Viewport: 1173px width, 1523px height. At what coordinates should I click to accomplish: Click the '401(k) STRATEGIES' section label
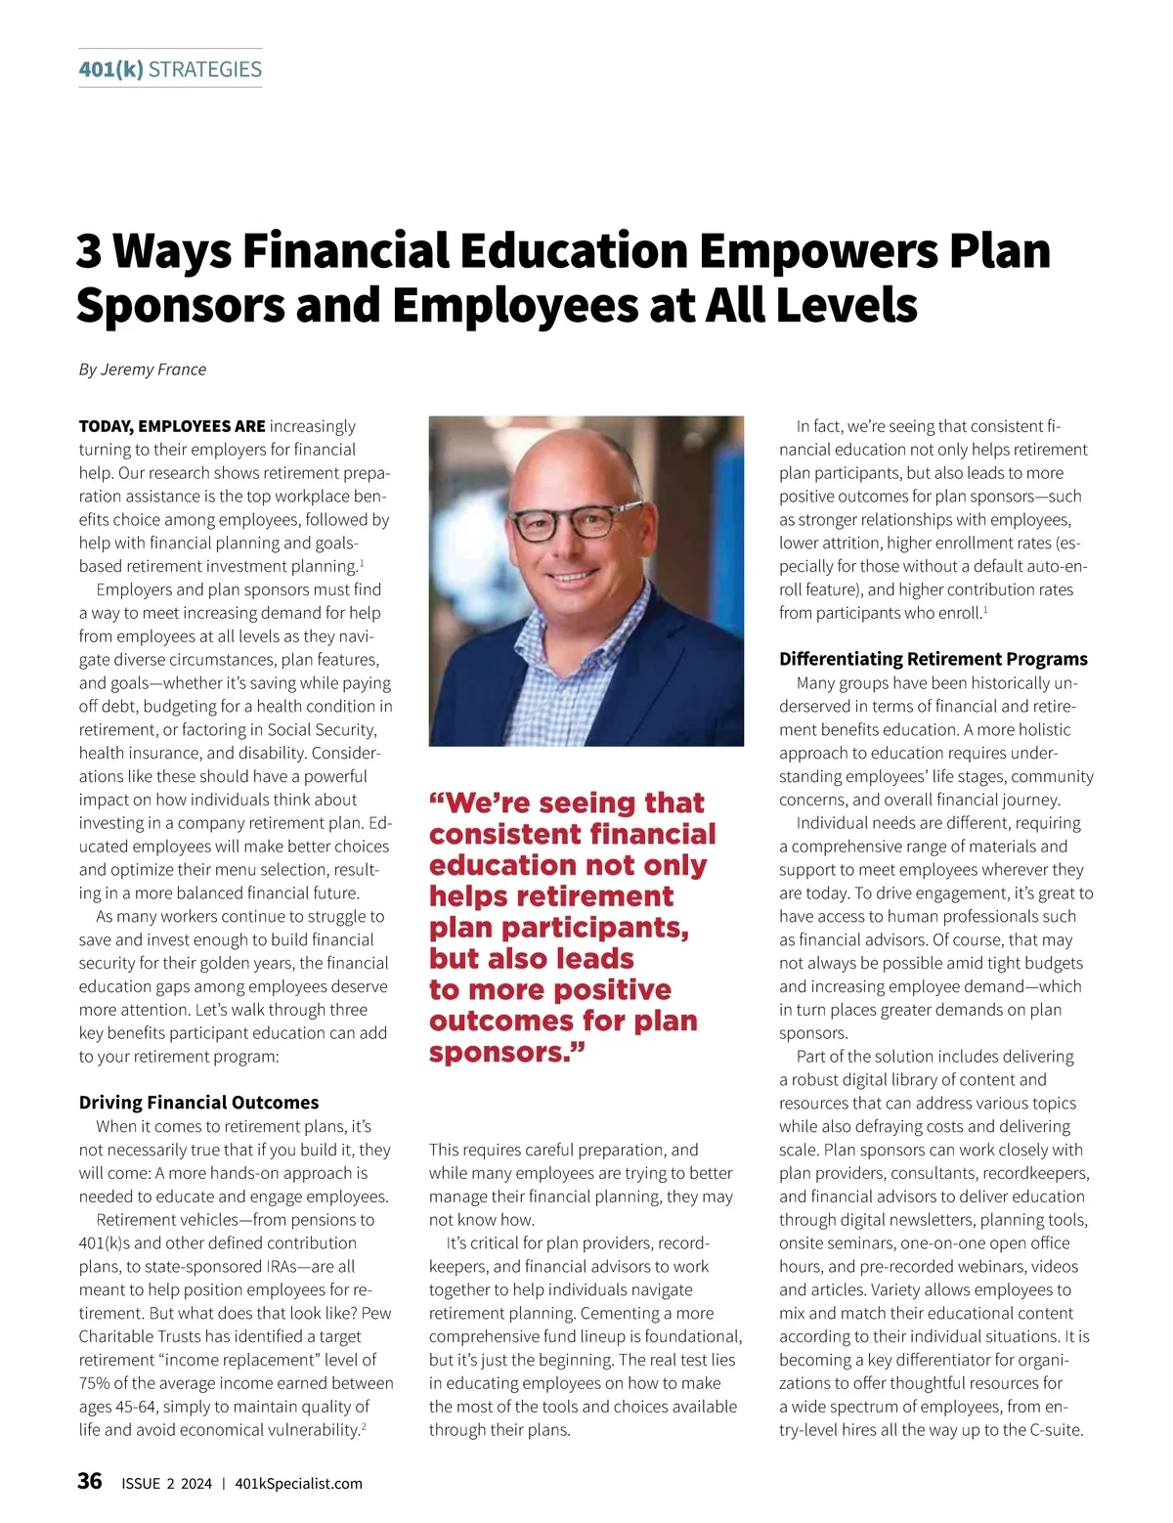(170, 69)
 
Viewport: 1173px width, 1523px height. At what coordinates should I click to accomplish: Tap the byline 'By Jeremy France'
(143, 370)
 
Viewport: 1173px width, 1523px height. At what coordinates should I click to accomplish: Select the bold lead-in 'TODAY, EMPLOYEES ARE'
(172, 426)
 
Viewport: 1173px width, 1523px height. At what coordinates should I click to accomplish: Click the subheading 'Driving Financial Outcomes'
(198, 1103)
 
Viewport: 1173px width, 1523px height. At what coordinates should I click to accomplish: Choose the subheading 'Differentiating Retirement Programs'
(933, 659)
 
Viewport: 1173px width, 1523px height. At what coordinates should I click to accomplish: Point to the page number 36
(90, 1481)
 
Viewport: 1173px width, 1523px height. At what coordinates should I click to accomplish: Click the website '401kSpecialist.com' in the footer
(299, 1484)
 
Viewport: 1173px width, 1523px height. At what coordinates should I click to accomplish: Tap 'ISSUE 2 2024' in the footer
(166, 1484)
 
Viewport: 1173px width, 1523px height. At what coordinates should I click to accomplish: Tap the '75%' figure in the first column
(96, 1383)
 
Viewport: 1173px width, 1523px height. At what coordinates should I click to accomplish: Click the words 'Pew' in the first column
(376, 1313)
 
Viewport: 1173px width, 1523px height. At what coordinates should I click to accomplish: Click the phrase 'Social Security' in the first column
(315, 729)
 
